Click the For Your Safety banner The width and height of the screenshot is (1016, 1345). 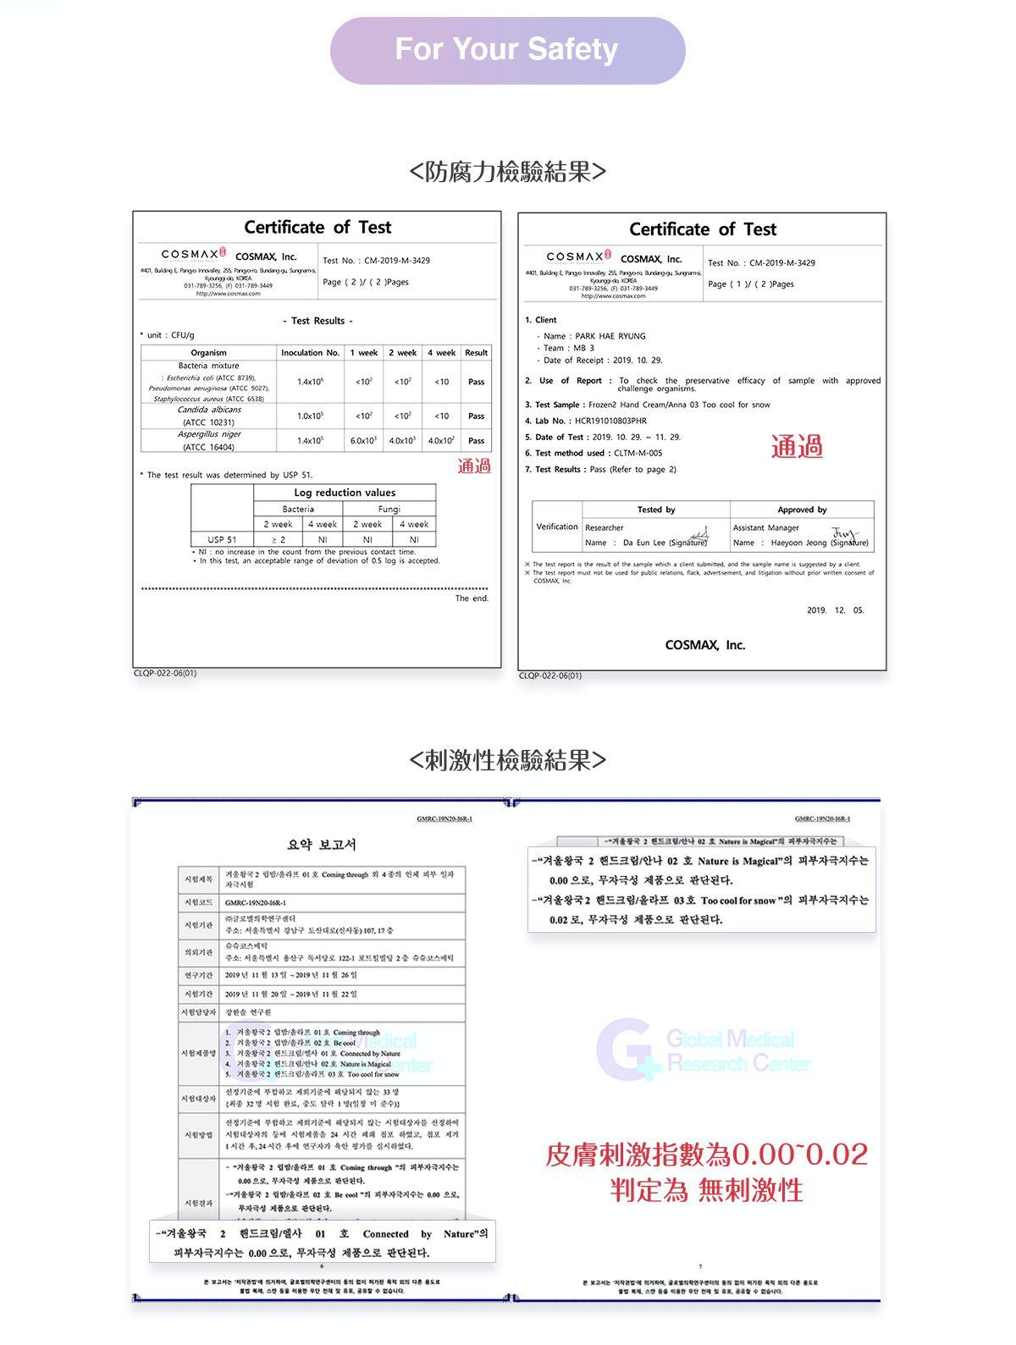click(507, 50)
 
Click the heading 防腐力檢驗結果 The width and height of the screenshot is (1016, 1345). click(507, 172)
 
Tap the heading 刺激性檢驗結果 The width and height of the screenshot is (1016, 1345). click(507, 760)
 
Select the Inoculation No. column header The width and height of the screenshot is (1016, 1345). click(310, 353)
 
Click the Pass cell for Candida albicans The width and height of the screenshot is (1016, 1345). click(477, 416)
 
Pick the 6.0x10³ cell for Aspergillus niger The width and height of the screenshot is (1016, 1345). click(364, 441)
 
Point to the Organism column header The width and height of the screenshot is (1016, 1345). click(208, 353)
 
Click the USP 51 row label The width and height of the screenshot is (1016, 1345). click(222, 539)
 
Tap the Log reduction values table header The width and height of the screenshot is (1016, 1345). click(345, 493)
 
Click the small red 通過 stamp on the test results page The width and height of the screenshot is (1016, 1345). click(474, 466)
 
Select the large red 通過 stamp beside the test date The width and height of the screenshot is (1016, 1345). click(796, 447)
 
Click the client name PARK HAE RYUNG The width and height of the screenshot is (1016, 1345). click(610, 336)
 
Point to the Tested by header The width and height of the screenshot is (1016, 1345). click(656, 510)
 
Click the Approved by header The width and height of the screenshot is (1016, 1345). click(802, 510)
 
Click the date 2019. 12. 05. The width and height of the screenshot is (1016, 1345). click(836, 610)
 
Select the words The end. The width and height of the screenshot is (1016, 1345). click(472, 598)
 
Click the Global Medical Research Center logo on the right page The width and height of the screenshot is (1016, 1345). click(704, 1050)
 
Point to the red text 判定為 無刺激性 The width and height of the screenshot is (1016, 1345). click(706, 1191)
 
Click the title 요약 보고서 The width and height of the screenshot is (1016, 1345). click(322, 845)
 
